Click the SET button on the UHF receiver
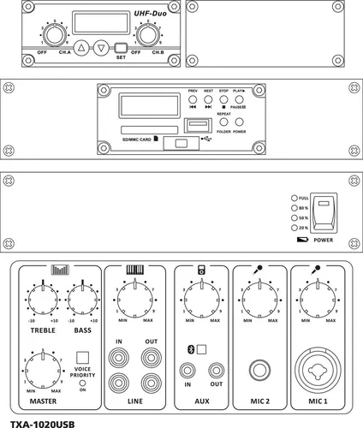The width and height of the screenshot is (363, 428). tap(121, 49)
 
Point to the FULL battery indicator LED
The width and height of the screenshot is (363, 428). tap(294, 198)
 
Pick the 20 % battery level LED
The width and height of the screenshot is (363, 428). tap(294, 229)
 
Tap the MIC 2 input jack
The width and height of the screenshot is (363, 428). tap(257, 371)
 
